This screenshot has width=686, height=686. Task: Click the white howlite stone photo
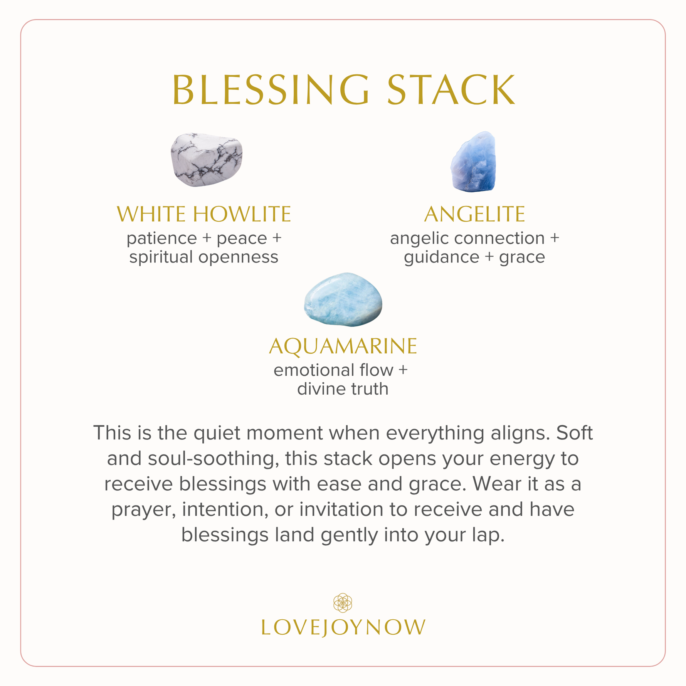207,160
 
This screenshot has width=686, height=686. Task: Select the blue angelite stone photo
473,161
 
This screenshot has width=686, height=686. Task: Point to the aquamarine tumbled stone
343,299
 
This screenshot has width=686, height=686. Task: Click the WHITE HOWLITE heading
204,214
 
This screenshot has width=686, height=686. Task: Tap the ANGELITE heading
474,214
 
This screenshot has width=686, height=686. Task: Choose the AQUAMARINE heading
343,346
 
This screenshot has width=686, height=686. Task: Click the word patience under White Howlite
162,239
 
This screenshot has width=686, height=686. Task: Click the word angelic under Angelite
420,239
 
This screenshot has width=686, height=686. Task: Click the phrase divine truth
343,389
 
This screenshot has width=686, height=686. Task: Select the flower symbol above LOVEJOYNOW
343,602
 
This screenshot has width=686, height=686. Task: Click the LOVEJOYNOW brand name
343,627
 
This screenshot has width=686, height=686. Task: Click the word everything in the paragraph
435,434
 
